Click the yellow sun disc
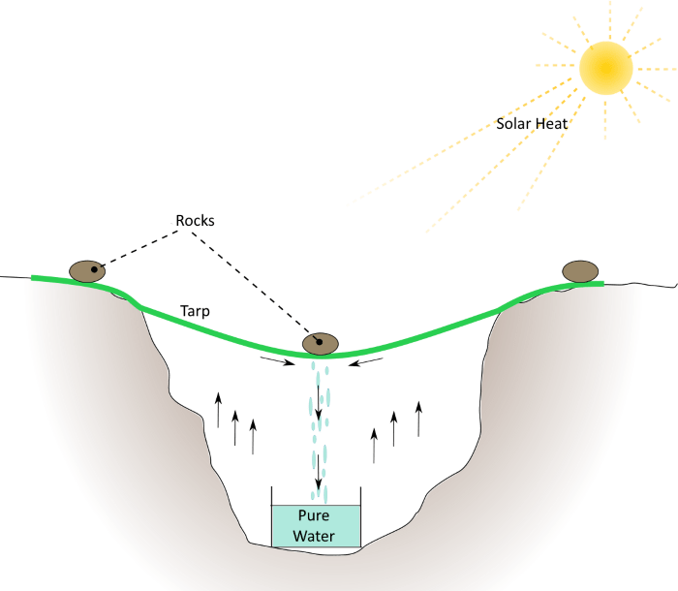[606, 68]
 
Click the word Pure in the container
[314, 516]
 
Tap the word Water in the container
[314, 535]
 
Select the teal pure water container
[316, 526]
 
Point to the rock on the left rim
[87, 271]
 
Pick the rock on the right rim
[580, 271]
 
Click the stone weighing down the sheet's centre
[321, 343]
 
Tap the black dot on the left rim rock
[95, 268]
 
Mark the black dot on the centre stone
[318, 340]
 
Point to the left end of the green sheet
[35, 278]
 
